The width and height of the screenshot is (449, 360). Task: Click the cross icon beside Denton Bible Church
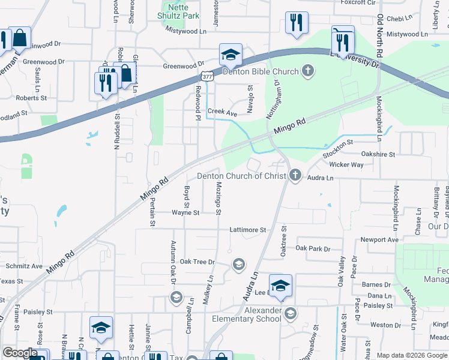coord(307,71)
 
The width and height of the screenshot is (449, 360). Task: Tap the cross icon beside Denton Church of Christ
coord(295,176)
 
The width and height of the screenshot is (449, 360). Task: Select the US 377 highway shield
coord(206,76)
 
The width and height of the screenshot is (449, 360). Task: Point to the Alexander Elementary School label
coord(263,314)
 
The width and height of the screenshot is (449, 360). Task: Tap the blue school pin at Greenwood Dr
coord(231,55)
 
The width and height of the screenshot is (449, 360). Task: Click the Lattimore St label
coord(247,230)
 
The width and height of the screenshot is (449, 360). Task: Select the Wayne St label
coord(185,212)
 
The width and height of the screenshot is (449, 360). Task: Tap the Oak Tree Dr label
coord(197,262)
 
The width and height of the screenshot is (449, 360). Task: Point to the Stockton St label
coord(339,147)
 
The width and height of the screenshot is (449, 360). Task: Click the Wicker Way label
coord(346,164)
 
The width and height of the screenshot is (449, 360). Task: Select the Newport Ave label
coord(379,239)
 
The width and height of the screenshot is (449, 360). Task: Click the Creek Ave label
coord(223,112)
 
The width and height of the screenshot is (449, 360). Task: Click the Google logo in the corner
coord(20,353)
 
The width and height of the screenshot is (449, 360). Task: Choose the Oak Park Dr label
coord(313,248)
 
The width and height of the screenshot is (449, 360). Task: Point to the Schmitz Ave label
coord(24,266)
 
